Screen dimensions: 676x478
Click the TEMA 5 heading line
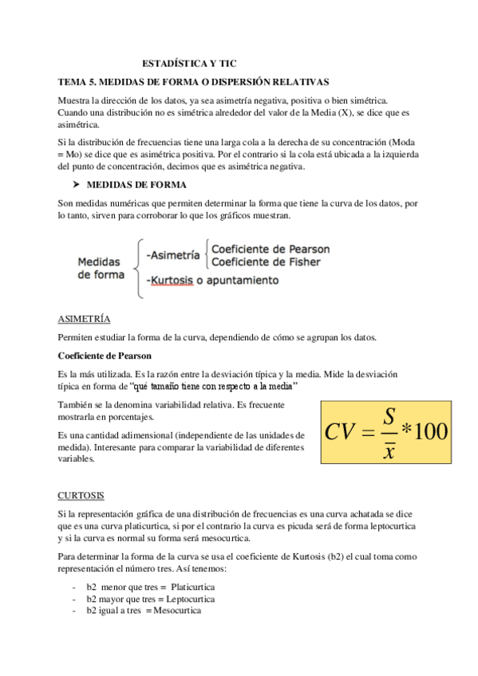click(194, 82)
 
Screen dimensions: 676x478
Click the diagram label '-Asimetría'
click(173, 255)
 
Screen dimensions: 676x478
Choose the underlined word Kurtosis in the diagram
click(172, 281)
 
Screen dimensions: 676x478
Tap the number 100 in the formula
click(431, 431)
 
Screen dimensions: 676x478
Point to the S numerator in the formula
click(389, 416)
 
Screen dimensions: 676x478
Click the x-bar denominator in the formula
click(389, 451)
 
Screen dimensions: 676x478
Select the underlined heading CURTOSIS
click(81, 495)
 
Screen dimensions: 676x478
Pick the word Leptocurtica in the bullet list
click(188, 599)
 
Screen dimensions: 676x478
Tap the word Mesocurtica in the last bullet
click(176, 611)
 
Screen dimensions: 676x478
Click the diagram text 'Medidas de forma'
click(101, 269)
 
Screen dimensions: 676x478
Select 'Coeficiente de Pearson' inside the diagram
click(270, 250)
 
